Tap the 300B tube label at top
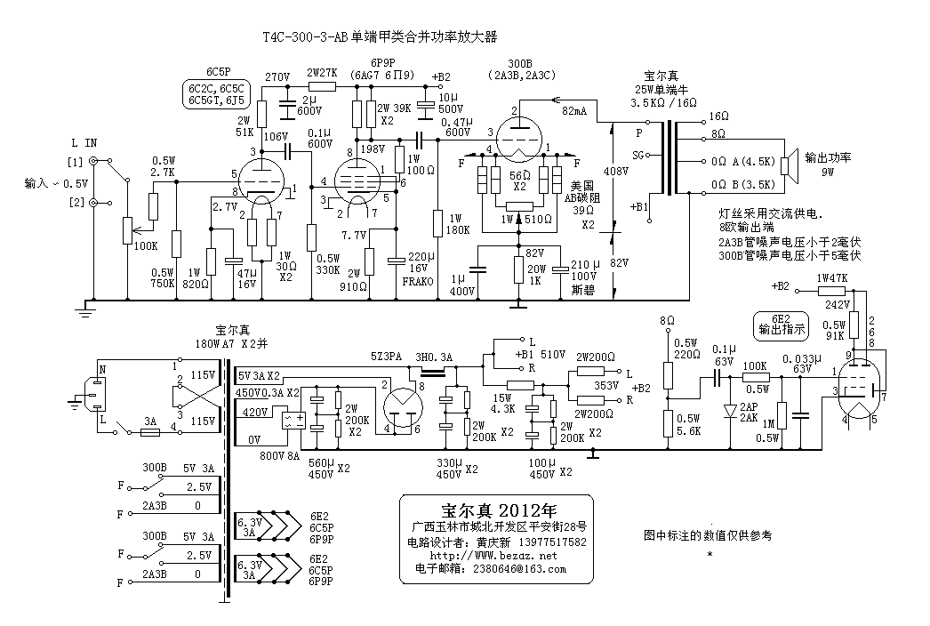coord(520,64)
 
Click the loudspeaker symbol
coord(786,164)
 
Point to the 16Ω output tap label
coord(718,117)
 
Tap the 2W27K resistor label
coord(321,73)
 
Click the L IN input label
coord(85,142)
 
